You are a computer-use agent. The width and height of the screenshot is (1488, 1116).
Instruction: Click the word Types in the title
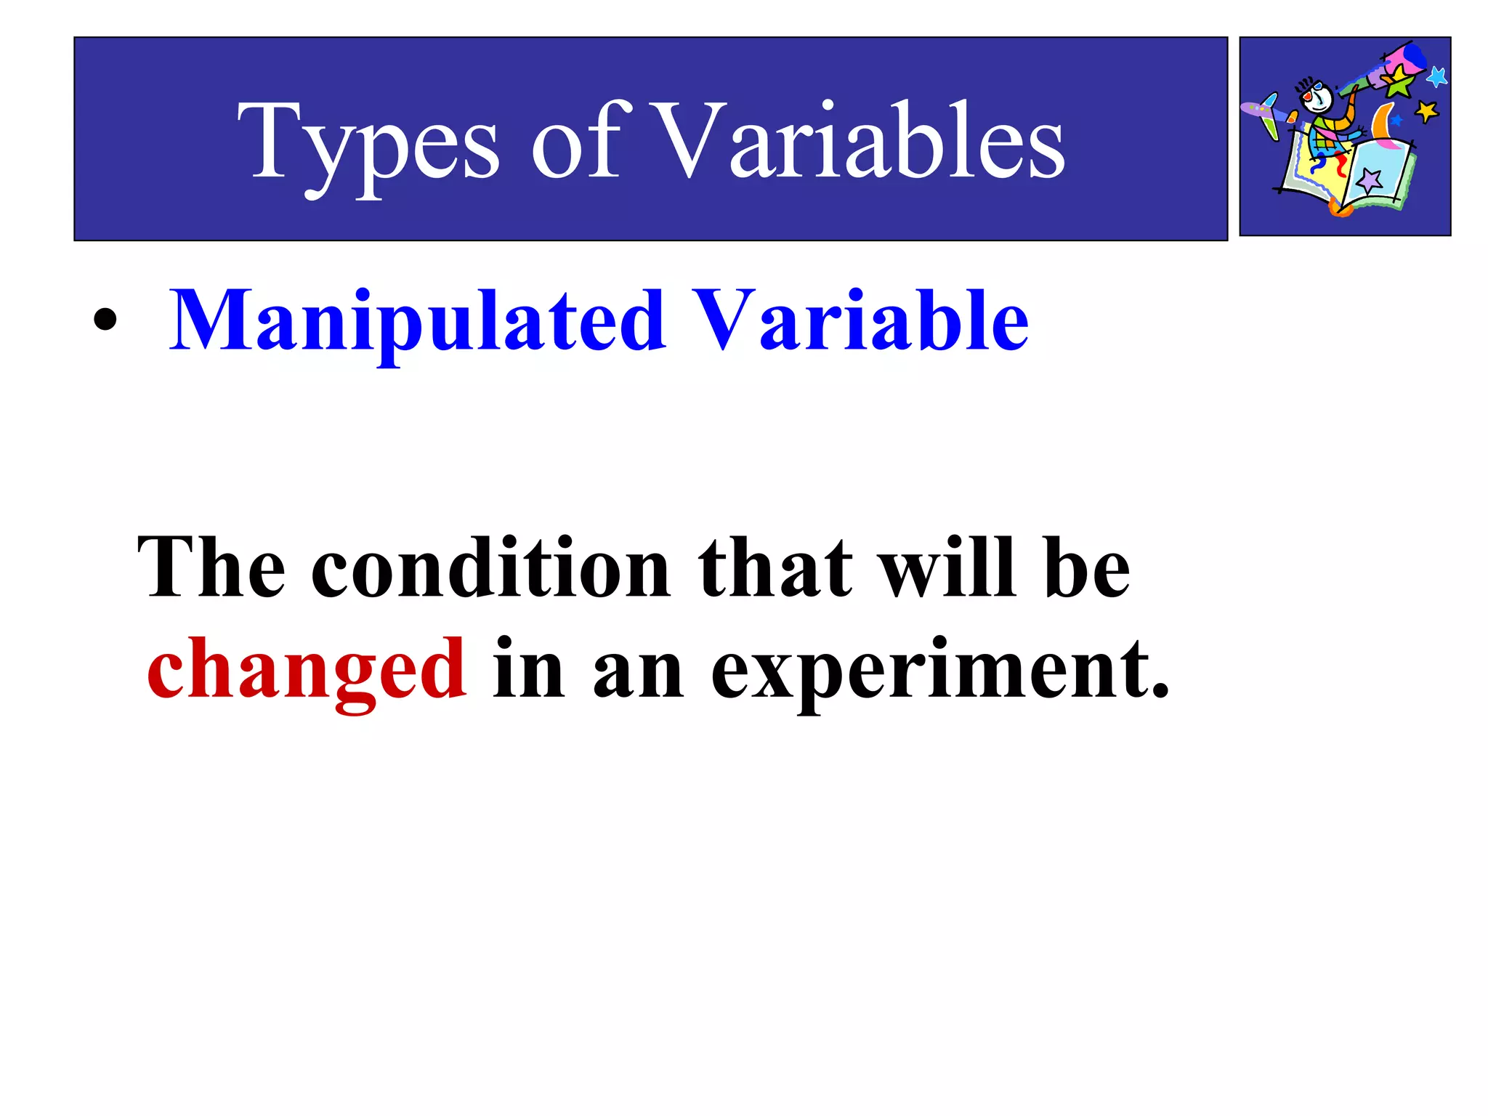coord(368,142)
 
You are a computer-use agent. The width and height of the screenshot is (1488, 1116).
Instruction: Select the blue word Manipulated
coord(417,320)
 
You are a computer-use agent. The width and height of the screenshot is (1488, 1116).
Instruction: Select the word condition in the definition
coord(490,568)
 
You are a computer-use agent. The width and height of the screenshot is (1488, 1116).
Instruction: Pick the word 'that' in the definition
coord(775,568)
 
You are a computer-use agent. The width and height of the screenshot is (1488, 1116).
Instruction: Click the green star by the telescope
coord(1399,81)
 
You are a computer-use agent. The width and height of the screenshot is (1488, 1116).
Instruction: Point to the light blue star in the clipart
coord(1436,76)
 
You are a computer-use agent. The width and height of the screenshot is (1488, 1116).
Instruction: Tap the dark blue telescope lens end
coord(1414,54)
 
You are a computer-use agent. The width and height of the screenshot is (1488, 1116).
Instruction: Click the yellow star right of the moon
coord(1426,111)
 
